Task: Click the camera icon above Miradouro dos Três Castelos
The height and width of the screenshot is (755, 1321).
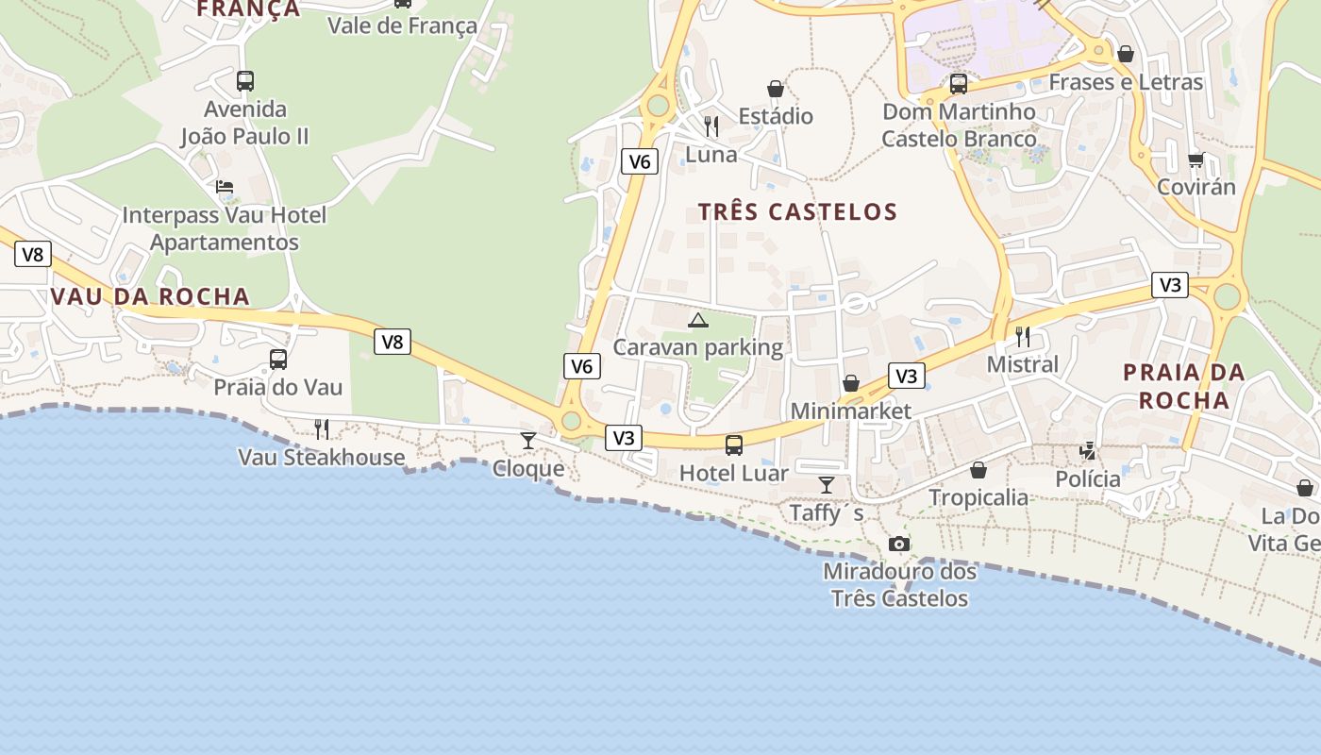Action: (x=899, y=544)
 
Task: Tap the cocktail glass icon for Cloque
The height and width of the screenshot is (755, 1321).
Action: (x=528, y=441)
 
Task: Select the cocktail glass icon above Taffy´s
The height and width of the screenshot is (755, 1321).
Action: (x=827, y=485)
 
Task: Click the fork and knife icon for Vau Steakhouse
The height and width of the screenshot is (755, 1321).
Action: (x=322, y=429)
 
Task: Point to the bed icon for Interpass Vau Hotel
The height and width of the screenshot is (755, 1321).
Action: (x=225, y=187)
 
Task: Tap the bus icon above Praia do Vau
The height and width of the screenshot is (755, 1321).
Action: (x=278, y=360)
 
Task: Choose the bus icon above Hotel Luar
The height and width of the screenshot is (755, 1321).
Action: (x=734, y=445)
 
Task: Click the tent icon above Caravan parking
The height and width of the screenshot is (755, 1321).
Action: (x=698, y=321)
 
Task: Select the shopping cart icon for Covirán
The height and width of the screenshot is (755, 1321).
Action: (x=1196, y=159)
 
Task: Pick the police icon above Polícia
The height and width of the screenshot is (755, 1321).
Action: (x=1088, y=451)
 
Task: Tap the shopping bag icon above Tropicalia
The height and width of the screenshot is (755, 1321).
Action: (x=978, y=470)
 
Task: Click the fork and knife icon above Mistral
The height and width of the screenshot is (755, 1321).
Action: (x=1023, y=337)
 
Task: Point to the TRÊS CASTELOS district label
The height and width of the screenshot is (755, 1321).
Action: (x=797, y=211)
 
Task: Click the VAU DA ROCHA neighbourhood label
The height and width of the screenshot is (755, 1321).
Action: (x=150, y=296)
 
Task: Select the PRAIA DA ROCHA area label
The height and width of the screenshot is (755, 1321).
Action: (x=1184, y=386)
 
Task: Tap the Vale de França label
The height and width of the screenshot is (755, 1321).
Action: (x=402, y=25)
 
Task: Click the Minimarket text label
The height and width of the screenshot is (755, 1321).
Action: (x=851, y=411)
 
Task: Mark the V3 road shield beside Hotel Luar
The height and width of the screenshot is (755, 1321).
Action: (x=624, y=438)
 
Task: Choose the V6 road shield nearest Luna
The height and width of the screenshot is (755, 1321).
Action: (x=639, y=161)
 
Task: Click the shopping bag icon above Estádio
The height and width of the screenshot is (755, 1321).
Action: (x=776, y=89)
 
